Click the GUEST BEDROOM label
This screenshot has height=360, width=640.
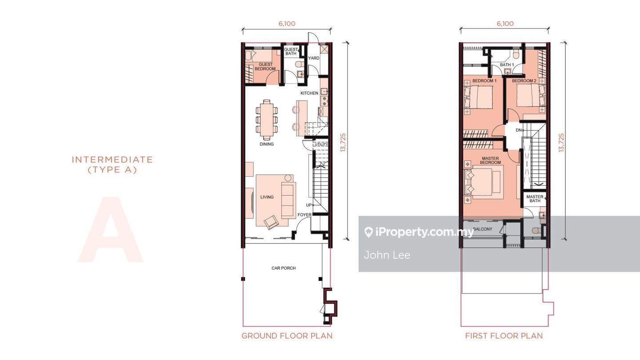tap(265, 67)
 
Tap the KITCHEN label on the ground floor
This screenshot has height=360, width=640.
tap(309, 93)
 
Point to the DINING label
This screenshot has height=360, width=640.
tap(267, 144)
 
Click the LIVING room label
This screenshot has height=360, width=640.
tap(267, 197)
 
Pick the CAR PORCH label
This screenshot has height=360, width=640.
tap(284, 268)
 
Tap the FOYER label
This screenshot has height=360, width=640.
tap(304, 215)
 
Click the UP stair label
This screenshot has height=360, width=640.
tap(309, 205)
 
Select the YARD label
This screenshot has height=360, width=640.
tap(313, 58)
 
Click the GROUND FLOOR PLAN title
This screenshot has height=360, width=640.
tap(287, 336)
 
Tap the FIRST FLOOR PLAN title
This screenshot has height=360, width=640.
tap(504, 336)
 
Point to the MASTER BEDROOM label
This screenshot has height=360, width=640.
tap(490, 160)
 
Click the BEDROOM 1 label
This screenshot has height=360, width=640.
tap(484, 81)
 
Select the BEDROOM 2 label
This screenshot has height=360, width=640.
tap(524, 81)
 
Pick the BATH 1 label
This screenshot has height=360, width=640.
tap(507, 65)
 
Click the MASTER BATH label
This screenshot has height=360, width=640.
tap(535, 199)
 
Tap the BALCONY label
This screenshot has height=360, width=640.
tap(483, 229)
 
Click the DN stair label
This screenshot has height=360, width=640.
tap(519, 130)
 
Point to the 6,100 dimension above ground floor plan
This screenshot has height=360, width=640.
tap(287, 24)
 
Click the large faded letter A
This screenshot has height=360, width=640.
tap(111, 229)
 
